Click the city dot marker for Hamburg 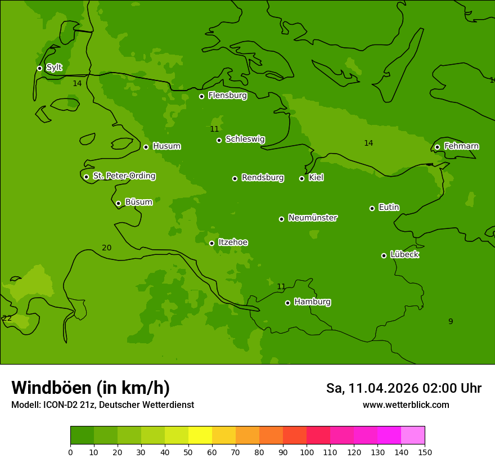click(x=287, y=303)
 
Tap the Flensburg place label click(x=227, y=96)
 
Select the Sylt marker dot click(x=39, y=68)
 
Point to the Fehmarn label click(x=461, y=146)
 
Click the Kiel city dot click(x=301, y=178)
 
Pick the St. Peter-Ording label click(x=124, y=176)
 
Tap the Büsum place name click(x=138, y=202)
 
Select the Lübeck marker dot click(x=384, y=255)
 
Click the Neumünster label click(x=312, y=218)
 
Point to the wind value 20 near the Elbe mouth click(x=106, y=248)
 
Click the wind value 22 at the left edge click(x=7, y=318)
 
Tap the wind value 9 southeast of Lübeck click(x=450, y=321)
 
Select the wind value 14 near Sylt click(x=77, y=83)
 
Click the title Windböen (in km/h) click(x=90, y=388)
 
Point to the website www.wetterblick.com click(x=406, y=405)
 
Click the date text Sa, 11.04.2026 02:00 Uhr click(x=403, y=388)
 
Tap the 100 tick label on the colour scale click(x=307, y=452)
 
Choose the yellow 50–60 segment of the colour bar click(x=200, y=435)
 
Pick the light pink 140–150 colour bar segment click(x=413, y=435)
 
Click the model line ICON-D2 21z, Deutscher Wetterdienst click(x=102, y=405)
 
